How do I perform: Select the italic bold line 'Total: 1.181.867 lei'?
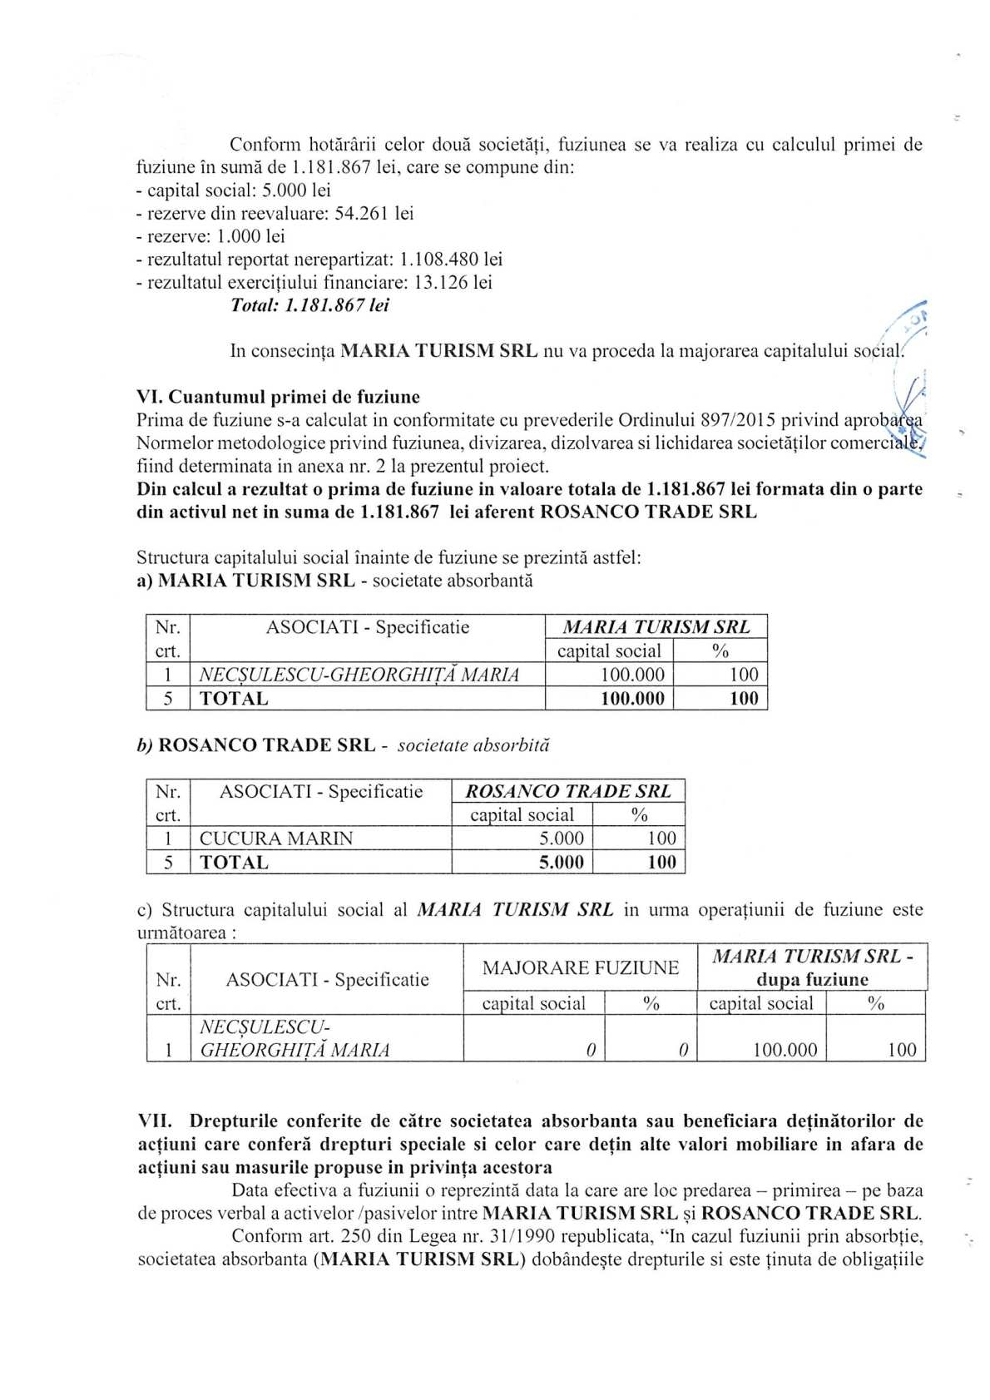click(309, 305)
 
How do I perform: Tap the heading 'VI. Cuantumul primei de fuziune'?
click(278, 397)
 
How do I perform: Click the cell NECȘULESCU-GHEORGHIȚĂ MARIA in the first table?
click(359, 675)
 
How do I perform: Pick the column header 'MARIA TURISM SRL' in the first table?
click(656, 626)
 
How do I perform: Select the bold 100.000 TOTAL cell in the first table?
click(632, 699)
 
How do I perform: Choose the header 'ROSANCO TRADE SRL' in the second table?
click(567, 790)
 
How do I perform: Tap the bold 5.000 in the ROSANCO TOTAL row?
click(562, 863)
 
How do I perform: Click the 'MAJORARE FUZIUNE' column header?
click(580, 967)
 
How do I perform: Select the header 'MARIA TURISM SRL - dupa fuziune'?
click(812, 967)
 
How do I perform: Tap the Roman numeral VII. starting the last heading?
click(154, 1121)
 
